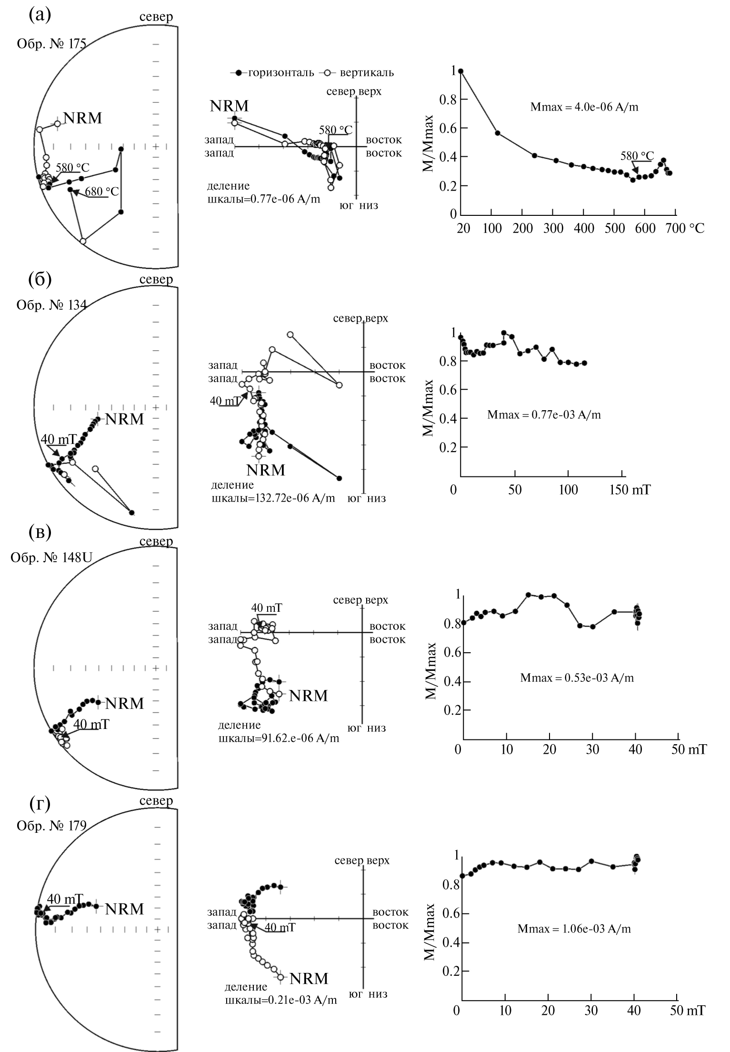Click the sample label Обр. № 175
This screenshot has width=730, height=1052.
click(51, 44)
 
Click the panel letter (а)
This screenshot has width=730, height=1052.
click(40, 15)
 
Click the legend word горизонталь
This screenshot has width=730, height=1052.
click(281, 73)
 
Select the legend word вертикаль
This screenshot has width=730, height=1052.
click(367, 73)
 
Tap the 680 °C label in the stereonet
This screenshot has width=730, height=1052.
click(102, 192)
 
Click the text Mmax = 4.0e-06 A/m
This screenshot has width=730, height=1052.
click(584, 107)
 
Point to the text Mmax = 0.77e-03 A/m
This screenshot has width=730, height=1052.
click(544, 415)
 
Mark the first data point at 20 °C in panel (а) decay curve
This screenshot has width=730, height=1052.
click(460, 71)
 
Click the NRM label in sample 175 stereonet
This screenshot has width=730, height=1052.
click(83, 118)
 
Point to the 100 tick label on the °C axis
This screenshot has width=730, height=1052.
click(492, 228)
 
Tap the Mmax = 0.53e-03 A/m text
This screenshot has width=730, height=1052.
click(577, 678)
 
